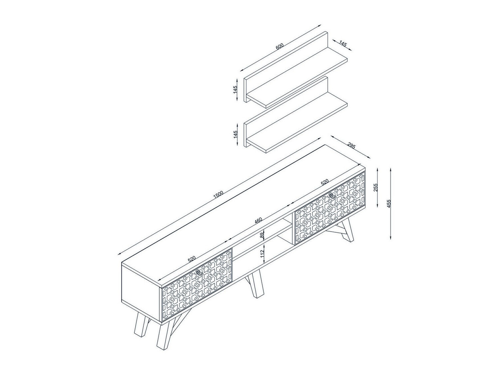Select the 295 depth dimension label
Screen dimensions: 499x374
point(351,146)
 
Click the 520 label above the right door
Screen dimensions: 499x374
point(324,182)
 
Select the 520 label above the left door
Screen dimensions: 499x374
point(192,259)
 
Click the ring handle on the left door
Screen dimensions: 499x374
point(200,273)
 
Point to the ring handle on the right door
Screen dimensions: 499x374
point(332,196)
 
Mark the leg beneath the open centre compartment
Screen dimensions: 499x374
point(255,284)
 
